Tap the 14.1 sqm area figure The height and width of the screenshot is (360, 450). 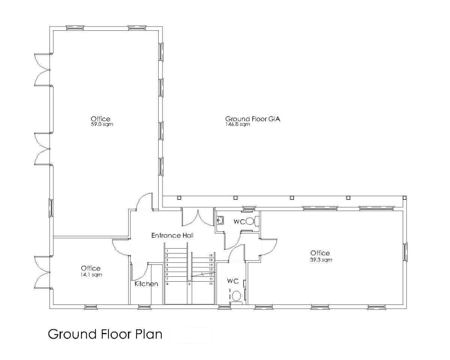(90, 274)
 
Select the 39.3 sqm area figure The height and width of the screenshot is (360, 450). (320, 259)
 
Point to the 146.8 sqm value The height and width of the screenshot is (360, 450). (237, 124)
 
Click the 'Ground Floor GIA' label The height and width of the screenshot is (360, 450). (252, 119)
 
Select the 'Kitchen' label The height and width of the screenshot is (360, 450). (146, 284)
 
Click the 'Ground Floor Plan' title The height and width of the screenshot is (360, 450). (105, 334)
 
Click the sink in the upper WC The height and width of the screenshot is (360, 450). (221, 219)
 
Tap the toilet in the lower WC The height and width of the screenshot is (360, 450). (236, 296)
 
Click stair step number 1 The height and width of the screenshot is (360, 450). (167, 250)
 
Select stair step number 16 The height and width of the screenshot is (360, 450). (211, 255)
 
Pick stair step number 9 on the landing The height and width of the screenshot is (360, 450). (189, 284)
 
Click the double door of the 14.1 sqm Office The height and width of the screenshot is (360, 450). (42, 272)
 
